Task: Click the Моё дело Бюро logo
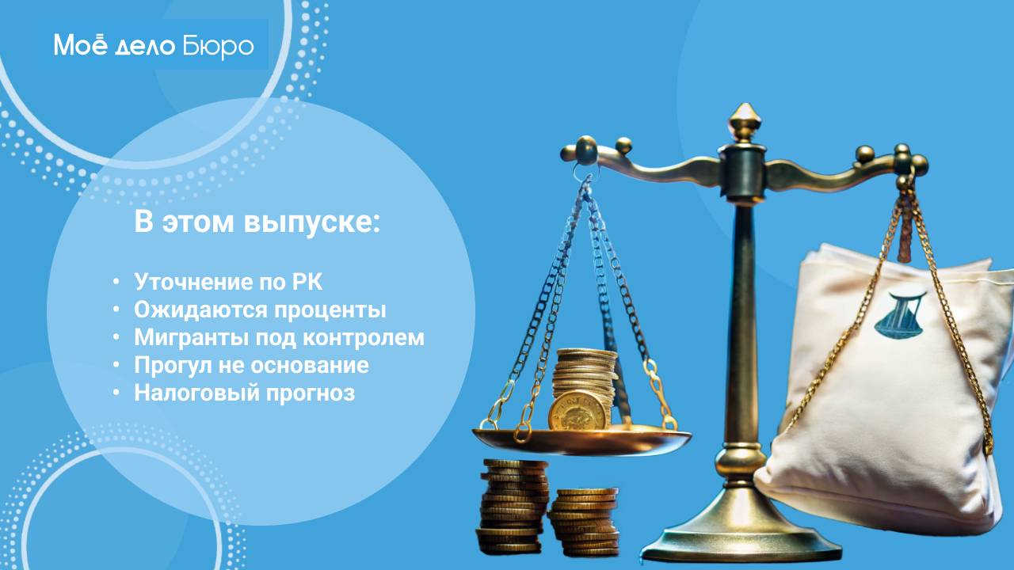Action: coord(154,46)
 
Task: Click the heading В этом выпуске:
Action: coord(257,222)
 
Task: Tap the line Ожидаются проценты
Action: coord(260,310)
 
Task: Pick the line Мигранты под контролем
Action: coord(279,337)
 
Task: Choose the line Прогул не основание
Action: coord(251,365)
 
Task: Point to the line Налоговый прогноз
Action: coord(244,393)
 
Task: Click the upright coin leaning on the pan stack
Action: coord(579,410)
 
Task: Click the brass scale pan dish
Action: coord(581,440)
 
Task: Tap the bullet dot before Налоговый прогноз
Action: coord(116,393)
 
